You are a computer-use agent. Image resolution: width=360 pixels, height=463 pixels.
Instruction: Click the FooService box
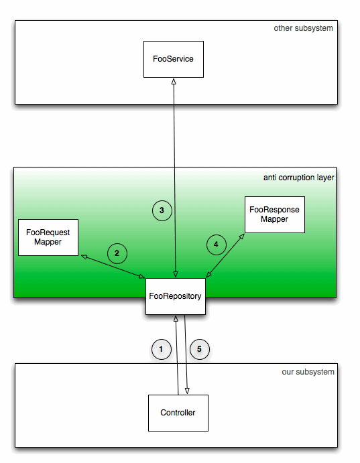pos(174,59)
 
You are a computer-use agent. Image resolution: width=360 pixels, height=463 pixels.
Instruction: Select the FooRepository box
pos(176,296)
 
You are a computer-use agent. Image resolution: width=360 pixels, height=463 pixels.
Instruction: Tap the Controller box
pos(178,413)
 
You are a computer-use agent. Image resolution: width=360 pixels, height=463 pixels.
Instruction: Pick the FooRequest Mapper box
pos(48,237)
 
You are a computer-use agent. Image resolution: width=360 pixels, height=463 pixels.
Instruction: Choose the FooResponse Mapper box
pos(275,214)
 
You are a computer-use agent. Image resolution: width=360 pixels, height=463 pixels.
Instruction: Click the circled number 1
pos(162,349)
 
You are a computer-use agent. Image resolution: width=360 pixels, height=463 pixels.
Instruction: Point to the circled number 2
pos(117,253)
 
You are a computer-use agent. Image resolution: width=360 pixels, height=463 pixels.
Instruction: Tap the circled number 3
pos(162,210)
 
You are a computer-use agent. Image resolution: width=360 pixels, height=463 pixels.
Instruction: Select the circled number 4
pos(217,245)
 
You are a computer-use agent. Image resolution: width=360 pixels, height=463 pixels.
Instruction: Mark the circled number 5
pos(200,349)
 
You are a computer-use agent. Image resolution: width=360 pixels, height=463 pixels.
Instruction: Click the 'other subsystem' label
pos(303,28)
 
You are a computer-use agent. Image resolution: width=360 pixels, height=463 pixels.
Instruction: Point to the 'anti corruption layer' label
pos(299,178)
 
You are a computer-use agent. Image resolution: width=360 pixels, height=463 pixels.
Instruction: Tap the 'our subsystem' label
pos(308,372)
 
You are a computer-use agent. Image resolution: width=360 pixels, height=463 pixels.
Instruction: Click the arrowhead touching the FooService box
pos(174,81)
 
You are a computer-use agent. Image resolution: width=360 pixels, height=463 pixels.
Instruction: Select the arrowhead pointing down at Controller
pos(187,391)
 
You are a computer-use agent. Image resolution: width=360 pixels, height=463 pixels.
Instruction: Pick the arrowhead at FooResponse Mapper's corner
pos(242,237)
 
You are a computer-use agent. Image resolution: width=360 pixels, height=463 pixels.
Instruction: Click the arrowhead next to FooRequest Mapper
pos(84,257)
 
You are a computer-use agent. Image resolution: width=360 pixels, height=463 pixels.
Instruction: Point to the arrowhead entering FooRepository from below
pos(176,319)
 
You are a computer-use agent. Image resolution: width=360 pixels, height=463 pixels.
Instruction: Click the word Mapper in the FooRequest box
pos(48,242)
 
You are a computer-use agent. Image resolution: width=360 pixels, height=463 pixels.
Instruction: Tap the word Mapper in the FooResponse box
pos(274,219)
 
